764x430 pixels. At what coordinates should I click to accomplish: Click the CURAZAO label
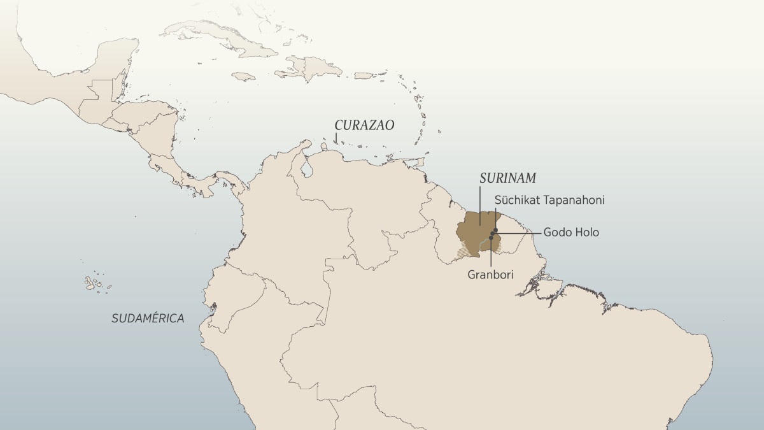tap(365, 125)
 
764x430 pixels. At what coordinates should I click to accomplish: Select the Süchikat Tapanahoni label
tap(549, 200)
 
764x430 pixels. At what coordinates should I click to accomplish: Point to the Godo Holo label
tap(570, 233)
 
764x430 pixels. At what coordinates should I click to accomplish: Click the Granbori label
tap(491, 275)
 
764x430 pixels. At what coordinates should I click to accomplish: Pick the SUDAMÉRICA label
tap(148, 318)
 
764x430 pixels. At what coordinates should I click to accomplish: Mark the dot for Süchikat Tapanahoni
tap(496, 229)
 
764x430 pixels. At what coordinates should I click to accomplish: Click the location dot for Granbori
tap(491, 238)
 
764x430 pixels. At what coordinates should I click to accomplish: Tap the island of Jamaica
tap(243, 76)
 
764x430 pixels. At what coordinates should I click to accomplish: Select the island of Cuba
tap(210, 38)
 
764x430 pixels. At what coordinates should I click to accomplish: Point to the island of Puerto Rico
tap(364, 76)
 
